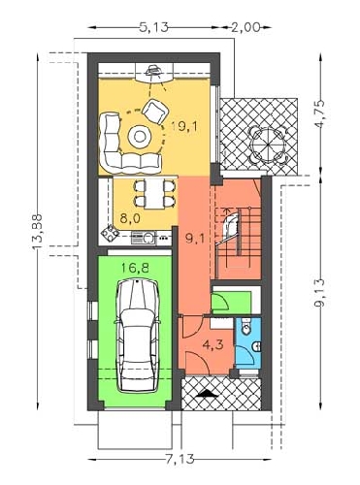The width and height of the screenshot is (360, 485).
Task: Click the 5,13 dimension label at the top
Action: tap(154, 28)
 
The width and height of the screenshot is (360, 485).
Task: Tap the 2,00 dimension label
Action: tap(245, 28)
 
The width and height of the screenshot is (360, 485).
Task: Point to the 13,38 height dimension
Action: tap(38, 232)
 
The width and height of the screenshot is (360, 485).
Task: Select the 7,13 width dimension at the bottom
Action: tap(180, 459)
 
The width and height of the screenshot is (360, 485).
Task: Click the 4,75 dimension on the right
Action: tap(320, 115)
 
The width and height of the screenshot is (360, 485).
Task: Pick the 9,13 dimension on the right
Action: tap(320, 295)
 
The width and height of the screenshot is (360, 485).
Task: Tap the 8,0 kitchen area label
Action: tap(130, 218)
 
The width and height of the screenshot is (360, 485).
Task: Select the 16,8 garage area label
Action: tap(135, 268)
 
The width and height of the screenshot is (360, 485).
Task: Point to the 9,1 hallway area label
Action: tap(195, 239)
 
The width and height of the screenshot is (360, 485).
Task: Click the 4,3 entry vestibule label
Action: tap(213, 344)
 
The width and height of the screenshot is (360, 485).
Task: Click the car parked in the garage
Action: tap(138, 336)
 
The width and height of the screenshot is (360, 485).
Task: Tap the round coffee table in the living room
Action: tap(140, 137)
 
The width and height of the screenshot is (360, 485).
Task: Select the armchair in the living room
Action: tap(155, 112)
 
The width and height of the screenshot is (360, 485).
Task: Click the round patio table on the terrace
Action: tap(269, 145)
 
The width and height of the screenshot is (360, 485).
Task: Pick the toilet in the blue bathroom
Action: tap(246, 327)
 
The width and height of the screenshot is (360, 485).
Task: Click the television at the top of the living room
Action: tap(153, 70)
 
